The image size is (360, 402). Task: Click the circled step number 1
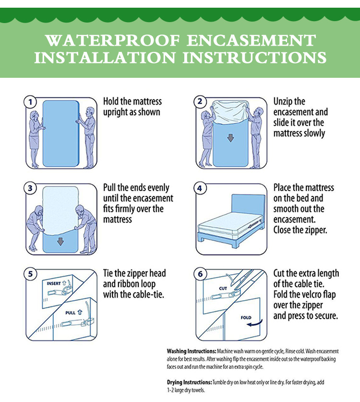(x=30, y=102)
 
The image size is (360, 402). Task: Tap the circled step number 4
(x=200, y=188)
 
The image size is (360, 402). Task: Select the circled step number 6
(x=200, y=274)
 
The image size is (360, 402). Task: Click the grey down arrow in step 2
(x=230, y=138)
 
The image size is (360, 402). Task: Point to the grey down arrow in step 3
(x=60, y=241)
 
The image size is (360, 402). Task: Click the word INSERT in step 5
(x=54, y=283)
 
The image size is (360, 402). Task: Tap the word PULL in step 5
(x=71, y=313)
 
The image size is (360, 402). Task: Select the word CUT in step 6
(x=223, y=289)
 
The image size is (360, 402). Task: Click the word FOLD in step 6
(x=246, y=317)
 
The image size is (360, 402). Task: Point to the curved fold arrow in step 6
(x=255, y=324)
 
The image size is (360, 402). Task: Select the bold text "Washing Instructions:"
(x=192, y=351)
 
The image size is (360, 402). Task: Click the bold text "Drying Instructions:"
(x=189, y=382)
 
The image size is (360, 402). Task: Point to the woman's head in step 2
(x=204, y=115)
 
